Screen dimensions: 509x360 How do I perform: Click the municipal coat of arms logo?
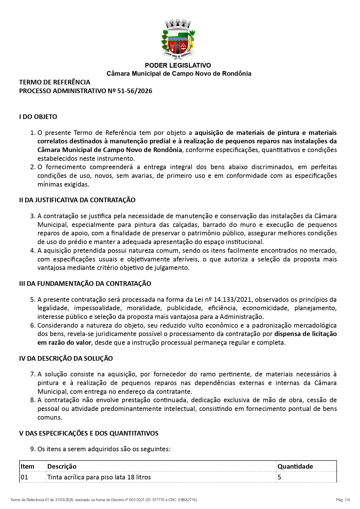(x=178, y=39)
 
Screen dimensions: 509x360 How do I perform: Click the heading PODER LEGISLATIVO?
(x=178, y=65)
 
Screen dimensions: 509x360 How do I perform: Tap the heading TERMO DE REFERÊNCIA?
(x=55, y=82)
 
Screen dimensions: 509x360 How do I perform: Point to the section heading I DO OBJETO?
(x=38, y=117)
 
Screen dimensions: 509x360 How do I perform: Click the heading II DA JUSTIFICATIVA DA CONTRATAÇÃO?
(x=77, y=200)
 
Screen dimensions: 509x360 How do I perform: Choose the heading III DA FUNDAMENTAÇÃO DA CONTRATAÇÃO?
(x=85, y=284)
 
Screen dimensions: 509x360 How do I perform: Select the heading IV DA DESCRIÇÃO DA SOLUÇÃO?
(x=66, y=358)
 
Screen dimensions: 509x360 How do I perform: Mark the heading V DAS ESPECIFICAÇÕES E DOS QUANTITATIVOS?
(x=89, y=433)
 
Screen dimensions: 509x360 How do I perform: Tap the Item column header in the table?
(x=28, y=466)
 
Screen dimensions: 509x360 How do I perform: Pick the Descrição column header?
(x=62, y=466)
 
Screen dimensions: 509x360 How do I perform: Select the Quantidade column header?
(x=295, y=466)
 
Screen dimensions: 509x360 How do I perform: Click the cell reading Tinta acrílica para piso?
(x=99, y=477)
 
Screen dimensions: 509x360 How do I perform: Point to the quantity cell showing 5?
(x=279, y=477)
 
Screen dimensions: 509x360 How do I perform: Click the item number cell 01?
(x=24, y=477)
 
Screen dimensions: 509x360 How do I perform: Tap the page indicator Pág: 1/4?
(x=343, y=500)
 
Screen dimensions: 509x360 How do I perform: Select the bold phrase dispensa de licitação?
(x=305, y=334)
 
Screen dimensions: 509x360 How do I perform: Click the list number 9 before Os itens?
(x=33, y=449)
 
